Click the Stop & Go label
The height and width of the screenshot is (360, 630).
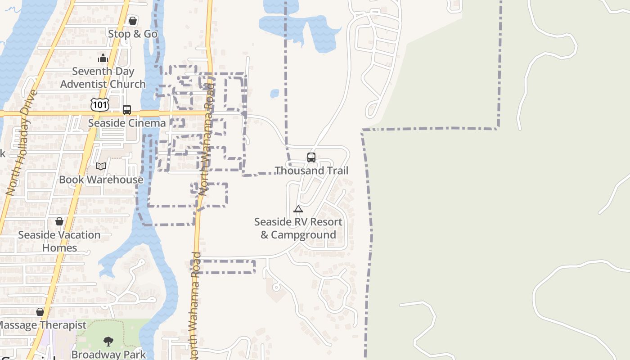133,34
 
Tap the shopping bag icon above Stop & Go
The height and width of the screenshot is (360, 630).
133,21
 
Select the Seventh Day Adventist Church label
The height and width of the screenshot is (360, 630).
103,78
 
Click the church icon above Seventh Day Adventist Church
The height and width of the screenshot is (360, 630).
103,58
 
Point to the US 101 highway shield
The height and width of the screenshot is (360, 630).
99,105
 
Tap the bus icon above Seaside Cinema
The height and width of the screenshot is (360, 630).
127,109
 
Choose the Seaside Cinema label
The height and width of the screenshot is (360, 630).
127,123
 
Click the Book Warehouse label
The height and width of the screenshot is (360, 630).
101,180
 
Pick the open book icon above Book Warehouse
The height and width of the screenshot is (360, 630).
101,166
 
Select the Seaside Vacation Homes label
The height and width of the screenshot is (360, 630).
59,241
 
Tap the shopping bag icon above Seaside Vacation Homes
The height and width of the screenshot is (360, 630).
59,221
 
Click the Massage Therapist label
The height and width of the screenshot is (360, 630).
42,325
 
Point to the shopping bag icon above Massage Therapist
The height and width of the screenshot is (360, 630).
40,312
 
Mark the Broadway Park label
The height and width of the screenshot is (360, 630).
109,354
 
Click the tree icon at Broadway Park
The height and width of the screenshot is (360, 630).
108,342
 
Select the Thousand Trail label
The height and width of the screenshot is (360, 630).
311,171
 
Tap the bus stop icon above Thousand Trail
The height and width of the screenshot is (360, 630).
311,157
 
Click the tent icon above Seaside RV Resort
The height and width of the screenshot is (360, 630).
298,209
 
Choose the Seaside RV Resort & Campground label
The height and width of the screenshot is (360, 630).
298,228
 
